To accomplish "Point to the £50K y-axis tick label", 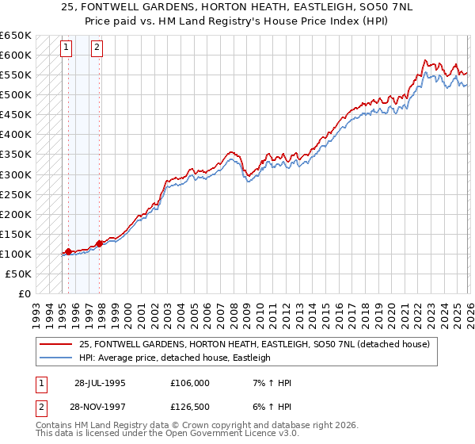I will pyautogui.click(x=17, y=274).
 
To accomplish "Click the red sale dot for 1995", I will pyautogui.click(x=69, y=251).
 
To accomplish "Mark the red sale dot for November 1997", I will pyautogui.click(x=100, y=243).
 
